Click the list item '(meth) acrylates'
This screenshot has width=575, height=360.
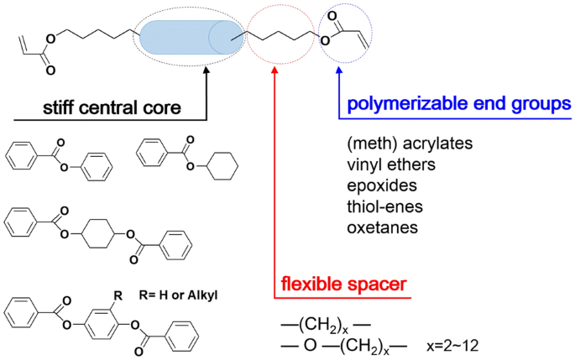pyautogui.click(x=409, y=143)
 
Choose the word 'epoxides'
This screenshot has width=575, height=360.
pyautogui.click(x=379, y=185)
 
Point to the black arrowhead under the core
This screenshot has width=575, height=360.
pyautogui.click(x=205, y=76)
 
